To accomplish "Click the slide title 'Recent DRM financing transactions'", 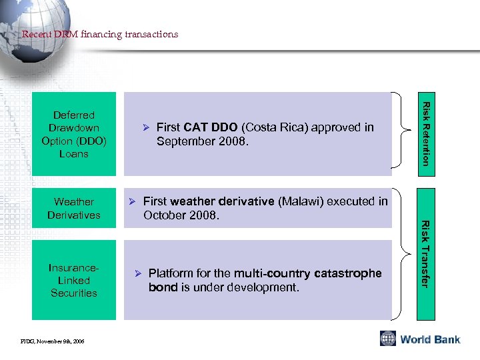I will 100,34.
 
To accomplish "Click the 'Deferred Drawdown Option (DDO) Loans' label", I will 74,134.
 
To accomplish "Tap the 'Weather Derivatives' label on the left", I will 74,208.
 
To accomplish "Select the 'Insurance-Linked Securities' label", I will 74,280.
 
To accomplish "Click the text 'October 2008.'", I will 181,216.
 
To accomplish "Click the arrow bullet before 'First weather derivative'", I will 132,201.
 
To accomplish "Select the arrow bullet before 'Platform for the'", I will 138,273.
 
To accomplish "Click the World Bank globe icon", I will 388,339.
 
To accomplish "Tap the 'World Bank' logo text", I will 430,339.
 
